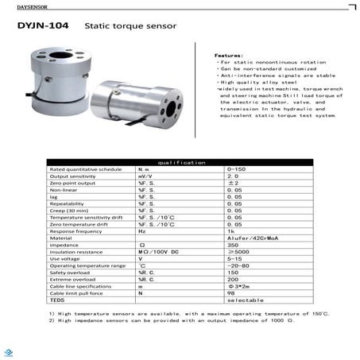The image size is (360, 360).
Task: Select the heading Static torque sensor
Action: (114, 26)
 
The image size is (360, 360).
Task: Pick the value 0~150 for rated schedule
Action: (236, 169)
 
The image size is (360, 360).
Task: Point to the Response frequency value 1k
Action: (230, 230)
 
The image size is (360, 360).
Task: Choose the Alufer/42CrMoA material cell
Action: (247, 237)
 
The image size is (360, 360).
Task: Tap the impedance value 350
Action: (233, 244)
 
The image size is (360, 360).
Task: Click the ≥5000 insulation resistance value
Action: (236, 251)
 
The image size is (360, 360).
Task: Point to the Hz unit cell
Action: (142, 230)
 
